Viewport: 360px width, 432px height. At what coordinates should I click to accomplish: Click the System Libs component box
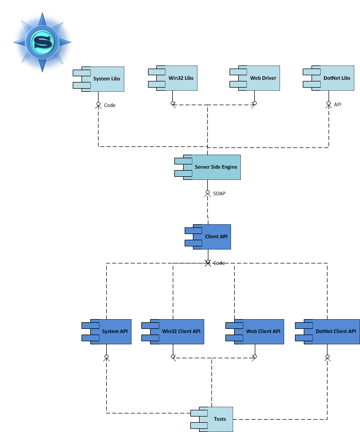(103, 79)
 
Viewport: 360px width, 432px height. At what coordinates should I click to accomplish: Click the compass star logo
(42, 41)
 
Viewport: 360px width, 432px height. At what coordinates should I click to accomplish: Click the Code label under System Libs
(110, 105)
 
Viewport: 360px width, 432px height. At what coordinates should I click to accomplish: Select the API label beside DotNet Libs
(338, 105)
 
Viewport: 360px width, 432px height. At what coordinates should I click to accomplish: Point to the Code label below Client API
(219, 263)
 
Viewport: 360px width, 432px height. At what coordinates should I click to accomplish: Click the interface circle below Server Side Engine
(208, 193)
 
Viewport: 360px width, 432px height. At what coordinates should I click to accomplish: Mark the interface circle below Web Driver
(254, 104)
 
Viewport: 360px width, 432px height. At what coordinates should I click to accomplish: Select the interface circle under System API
(106, 357)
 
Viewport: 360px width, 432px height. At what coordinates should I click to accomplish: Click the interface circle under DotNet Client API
(328, 357)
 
